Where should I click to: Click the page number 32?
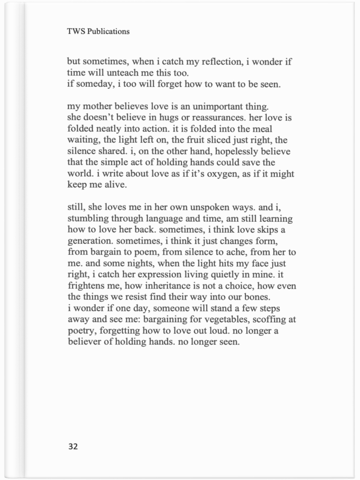73,446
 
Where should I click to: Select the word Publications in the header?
108,31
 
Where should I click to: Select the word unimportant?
217,106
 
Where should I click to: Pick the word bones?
258,297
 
